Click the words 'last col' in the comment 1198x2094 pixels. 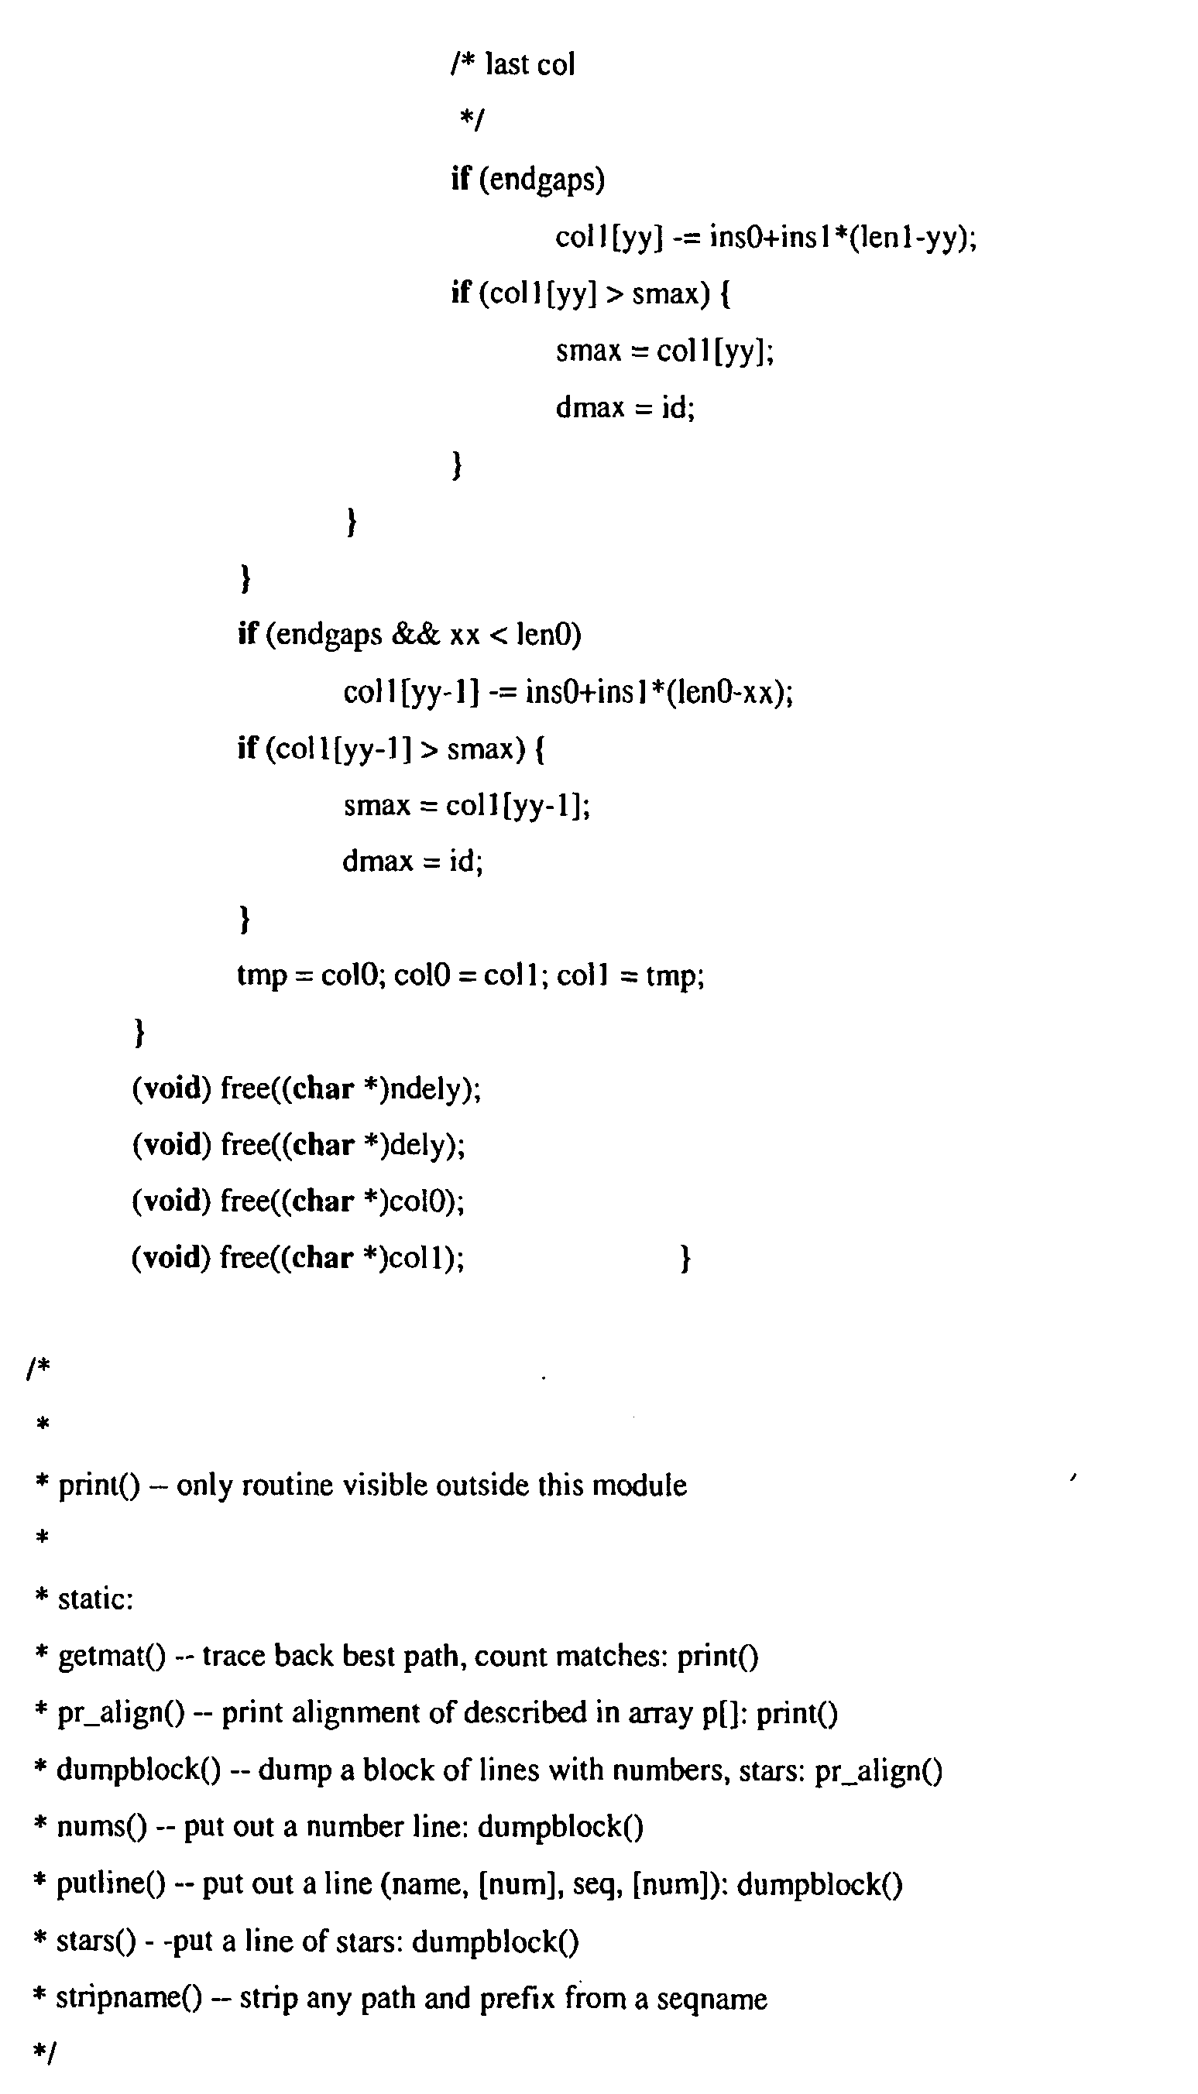(x=530, y=63)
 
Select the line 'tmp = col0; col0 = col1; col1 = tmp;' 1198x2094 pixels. (x=471, y=975)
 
